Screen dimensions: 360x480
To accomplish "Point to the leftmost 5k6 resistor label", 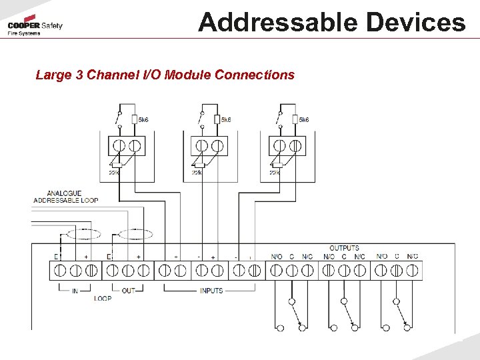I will coord(143,120).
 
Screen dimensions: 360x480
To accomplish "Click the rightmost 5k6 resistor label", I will coord(303,120).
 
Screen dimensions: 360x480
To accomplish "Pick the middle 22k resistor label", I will coord(197,172).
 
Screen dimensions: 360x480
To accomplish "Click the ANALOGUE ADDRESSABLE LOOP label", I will coord(65,197).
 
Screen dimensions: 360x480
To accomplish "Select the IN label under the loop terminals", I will coord(75,291).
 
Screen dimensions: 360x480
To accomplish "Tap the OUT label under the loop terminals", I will coord(129,291).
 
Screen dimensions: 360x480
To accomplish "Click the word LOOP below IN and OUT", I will coord(103,299).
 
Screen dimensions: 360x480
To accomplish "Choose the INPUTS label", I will coord(211,291).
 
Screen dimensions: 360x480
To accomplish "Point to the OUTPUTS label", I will coord(344,248).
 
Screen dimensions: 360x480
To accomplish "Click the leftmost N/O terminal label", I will coord(276,257).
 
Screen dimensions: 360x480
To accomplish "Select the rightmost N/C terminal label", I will coord(413,257).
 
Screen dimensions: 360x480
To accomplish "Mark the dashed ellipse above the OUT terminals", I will coord(135,234).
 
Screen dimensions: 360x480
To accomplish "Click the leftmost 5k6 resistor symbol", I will coord(135,119).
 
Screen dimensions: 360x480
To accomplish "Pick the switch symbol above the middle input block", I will coord(201,120).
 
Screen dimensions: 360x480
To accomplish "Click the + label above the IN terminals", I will coord(86,257).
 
